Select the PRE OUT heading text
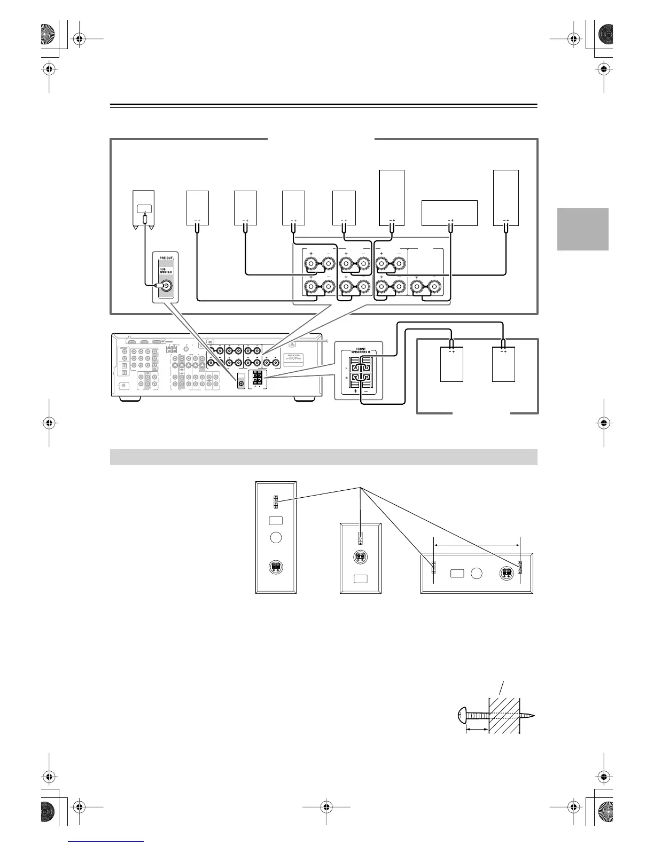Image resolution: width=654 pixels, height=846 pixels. (x=166, y=257)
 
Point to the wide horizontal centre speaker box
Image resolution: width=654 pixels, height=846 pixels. (x=449, y=213)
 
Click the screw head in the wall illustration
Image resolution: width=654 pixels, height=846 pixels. (x=462, y=715)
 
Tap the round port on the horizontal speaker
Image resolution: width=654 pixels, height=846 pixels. (x=477, y=574)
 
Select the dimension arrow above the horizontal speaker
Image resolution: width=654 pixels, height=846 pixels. (x=477, y=545)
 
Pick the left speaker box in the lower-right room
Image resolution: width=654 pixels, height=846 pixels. (x=451, y=364)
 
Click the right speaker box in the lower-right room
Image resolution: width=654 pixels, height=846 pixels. (x=503, y=364)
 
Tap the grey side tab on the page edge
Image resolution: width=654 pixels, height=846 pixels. (x=582, y=229)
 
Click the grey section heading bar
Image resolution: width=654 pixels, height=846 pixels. (x=323, y=457)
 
